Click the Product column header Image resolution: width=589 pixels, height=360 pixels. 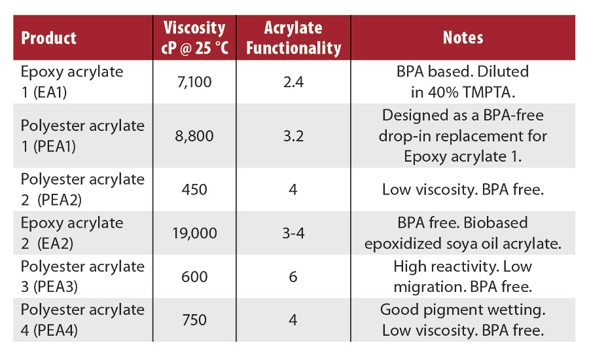(49, 37)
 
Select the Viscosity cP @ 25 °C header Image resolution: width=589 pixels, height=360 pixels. (194, 37)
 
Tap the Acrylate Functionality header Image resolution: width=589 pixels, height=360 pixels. (293, 37)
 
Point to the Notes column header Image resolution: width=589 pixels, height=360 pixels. (463, 37)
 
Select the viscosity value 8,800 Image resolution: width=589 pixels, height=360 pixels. (194, 136)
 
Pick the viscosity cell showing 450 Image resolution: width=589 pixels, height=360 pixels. (194, 190)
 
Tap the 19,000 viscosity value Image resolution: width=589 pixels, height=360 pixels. (194, 233)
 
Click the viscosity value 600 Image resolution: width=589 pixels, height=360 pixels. (194, 276)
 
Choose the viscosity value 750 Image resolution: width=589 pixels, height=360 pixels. (194, 319)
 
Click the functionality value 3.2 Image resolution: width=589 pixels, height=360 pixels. (293, 136)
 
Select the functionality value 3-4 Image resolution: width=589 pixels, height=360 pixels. (293, 233)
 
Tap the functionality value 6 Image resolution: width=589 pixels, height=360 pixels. (293, 276)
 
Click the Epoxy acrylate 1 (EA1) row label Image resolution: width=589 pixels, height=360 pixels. (72, 81)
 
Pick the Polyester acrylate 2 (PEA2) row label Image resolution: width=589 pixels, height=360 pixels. (82, 189)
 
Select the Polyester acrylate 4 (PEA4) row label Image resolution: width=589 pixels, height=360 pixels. (82, 319)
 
